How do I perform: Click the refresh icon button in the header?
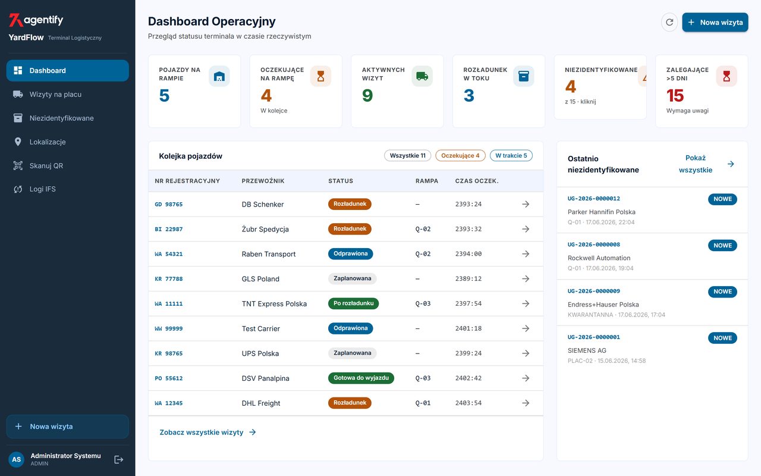point(669,22)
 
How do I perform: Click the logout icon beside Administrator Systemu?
point(118,460)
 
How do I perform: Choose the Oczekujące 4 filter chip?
point(460,155)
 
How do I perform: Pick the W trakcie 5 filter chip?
point(511,155)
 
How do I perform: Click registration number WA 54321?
point(168,254)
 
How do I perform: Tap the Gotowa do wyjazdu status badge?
point(361,378)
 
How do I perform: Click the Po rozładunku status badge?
point(353,303)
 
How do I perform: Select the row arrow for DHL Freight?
point(526,403)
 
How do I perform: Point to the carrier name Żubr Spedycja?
point(265,229)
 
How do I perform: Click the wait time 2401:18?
point(468,328)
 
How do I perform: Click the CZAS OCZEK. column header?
point(477,181)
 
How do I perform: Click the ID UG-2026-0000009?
point(593,291)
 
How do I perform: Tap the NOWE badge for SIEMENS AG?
point(722,338)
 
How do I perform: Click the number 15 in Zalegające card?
point(675,96)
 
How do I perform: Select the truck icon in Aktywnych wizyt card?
point(422,76)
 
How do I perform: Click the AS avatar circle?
point(16,460)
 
